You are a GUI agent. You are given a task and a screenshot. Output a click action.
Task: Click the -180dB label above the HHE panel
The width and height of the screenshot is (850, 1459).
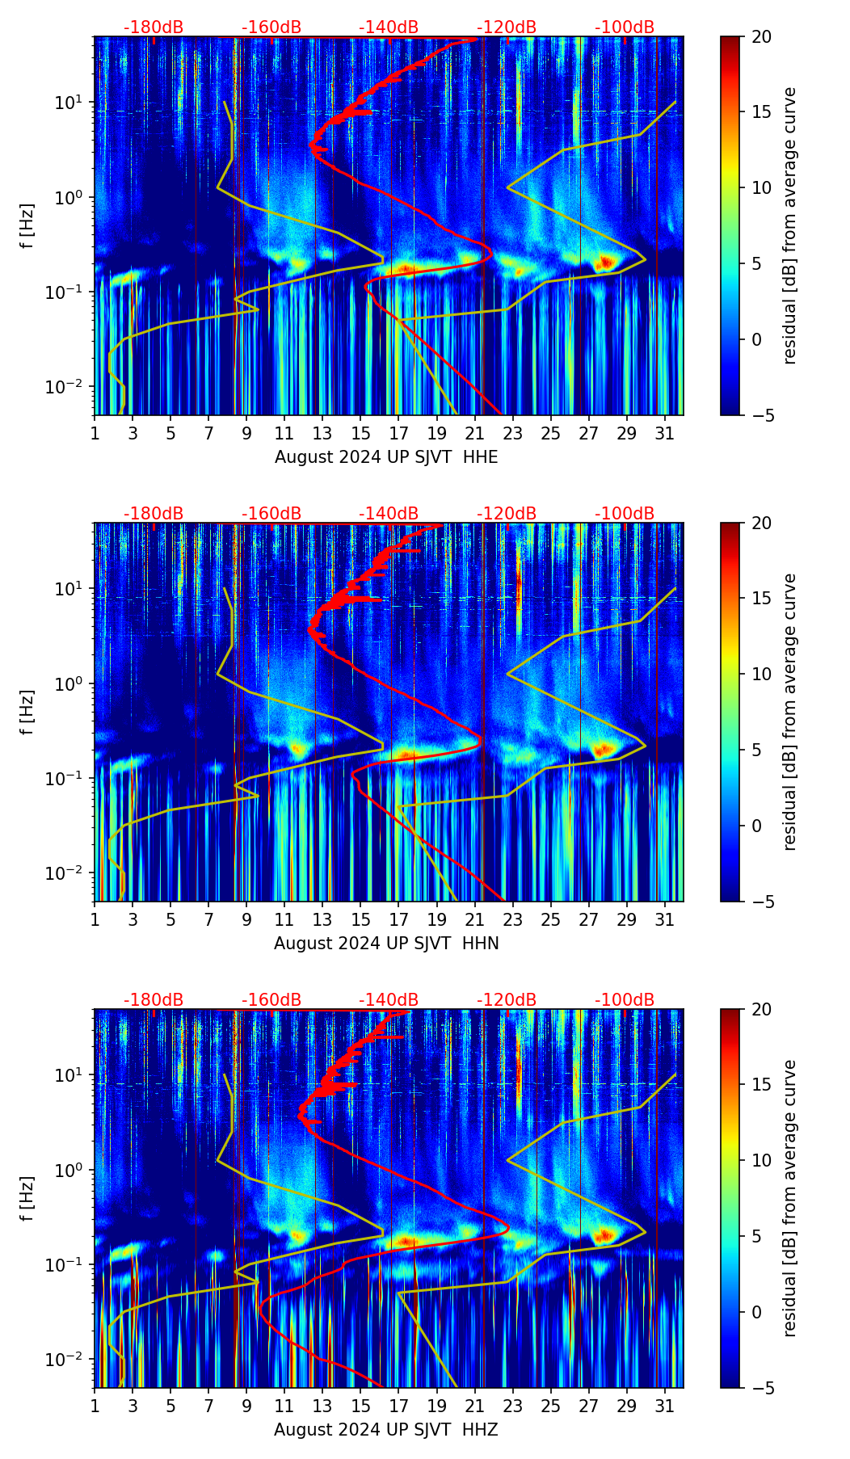coord(154,27)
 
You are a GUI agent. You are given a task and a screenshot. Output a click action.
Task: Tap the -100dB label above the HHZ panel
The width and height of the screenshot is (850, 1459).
coord(625,1000)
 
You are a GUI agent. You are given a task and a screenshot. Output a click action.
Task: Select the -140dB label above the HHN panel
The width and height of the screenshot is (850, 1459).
coord(389,514)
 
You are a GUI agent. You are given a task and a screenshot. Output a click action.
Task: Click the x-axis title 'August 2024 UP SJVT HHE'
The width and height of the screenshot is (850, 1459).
coord(386,457)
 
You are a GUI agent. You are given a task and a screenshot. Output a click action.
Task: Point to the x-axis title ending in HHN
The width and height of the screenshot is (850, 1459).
coord(386,944)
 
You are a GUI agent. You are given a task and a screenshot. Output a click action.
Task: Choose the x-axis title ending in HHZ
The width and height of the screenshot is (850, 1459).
coord(386,1430)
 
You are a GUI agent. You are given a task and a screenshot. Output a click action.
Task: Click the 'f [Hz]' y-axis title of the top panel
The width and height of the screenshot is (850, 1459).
coord(28,225)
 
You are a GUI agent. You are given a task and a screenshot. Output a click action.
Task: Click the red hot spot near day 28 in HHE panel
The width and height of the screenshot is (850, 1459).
coord(605,263)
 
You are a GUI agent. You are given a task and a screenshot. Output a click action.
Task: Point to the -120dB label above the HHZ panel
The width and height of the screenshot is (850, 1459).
coord(507,1000)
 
